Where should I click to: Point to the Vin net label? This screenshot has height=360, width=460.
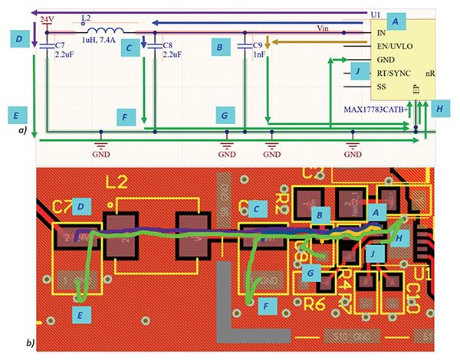(x=327, y=28)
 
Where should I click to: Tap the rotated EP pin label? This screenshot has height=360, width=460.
(x=415, y=90)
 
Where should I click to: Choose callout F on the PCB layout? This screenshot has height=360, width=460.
(x=268, y=304)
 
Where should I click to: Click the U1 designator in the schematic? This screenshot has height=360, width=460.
(x=375, y=14)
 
